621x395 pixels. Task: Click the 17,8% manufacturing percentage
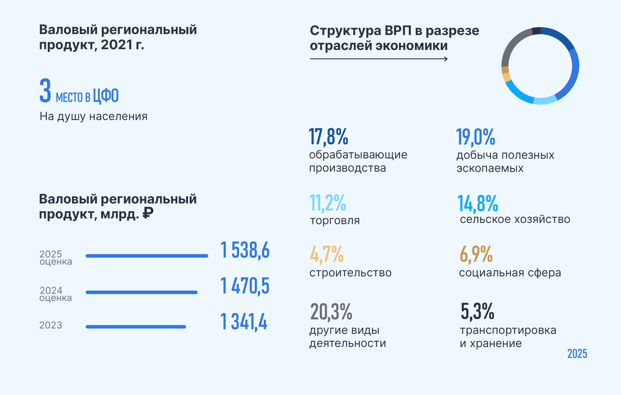(x=328, y=137)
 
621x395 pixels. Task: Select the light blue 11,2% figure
(x=327, y=203)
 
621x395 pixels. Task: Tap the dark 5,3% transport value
(x=477, y=311)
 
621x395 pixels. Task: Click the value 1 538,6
(x=245, y=250)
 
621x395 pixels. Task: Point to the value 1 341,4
(x=244, y=322)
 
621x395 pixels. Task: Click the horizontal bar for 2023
(x=136, y=327)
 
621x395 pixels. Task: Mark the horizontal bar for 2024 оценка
(x=142, y=292)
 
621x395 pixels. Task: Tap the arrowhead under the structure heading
(x=446, y=59)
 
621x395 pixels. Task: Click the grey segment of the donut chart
(x=512, y=45)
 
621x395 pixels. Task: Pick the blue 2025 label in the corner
(x=577, y=354)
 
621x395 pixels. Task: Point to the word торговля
(x=335, y=221)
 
